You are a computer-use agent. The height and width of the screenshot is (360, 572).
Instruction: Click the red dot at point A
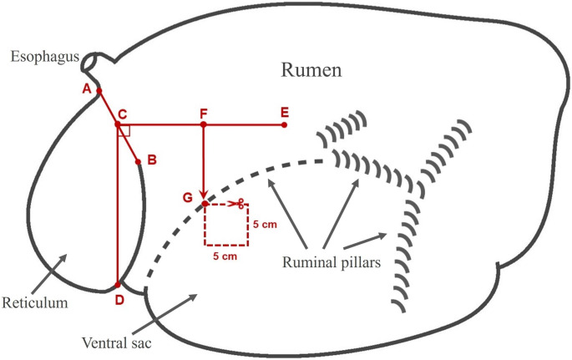(x=99, y=90)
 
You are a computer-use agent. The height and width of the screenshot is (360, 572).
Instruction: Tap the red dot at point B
(x=138, y=160)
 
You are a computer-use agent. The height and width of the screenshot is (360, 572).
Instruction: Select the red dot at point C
(x=118, y=124)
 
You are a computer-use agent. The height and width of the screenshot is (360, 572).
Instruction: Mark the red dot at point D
(x=118, y=285)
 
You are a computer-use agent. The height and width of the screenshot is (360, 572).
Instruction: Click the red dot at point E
(x=285, y=124)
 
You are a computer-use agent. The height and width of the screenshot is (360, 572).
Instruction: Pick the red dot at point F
(x=203, y=124)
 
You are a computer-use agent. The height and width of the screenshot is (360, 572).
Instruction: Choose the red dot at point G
(x=205, y=204)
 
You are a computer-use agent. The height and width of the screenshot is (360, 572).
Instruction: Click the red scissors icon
(x=237, y=204)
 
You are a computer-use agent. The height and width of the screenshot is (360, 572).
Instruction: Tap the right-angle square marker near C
(x=124, y=131)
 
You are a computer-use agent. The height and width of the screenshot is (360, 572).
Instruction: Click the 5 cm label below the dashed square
(x=225, y=256)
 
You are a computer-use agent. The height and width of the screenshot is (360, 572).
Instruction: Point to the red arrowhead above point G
(x=203, y=196)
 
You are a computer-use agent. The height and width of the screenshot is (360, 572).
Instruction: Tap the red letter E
(x=285, y=111)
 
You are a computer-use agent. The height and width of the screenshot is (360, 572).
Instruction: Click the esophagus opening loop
(x=97, y=60)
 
